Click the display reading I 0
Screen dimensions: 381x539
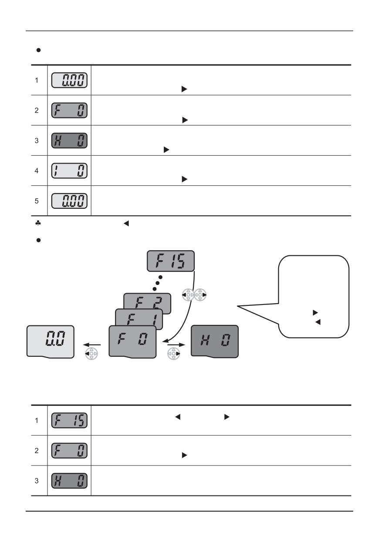69,171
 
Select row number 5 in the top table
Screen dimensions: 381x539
37,201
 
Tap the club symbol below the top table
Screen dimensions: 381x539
38,223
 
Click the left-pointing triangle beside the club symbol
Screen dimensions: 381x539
126,224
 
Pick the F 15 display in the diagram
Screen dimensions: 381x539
171,261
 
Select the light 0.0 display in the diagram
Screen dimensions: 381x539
51,342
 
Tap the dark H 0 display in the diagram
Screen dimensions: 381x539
215,341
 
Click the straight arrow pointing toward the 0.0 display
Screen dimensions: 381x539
92,345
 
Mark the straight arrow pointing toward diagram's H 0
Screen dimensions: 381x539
176,345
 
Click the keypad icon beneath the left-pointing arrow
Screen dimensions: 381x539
91,354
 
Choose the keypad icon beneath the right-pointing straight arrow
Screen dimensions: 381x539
174,354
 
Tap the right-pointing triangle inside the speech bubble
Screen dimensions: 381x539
315,313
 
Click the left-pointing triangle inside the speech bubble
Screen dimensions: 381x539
318,322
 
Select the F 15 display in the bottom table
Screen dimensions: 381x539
69,420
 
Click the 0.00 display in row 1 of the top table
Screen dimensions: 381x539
69,80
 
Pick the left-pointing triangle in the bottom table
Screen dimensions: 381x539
178,417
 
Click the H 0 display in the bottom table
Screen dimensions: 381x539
69,481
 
